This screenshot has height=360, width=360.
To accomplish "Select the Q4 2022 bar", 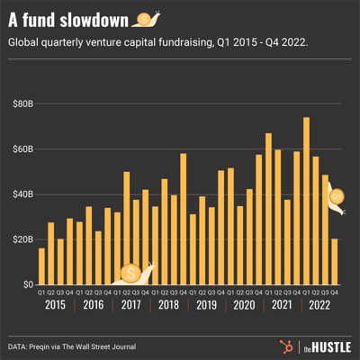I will [335, 261].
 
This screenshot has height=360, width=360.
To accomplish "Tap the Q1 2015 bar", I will [41, 265].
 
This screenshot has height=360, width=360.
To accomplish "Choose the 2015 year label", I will [56, 305].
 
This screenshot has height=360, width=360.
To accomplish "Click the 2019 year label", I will [207, 305].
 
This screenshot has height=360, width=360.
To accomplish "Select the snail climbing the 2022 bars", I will [337, 200].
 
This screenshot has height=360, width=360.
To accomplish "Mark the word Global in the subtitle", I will [30, 42].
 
